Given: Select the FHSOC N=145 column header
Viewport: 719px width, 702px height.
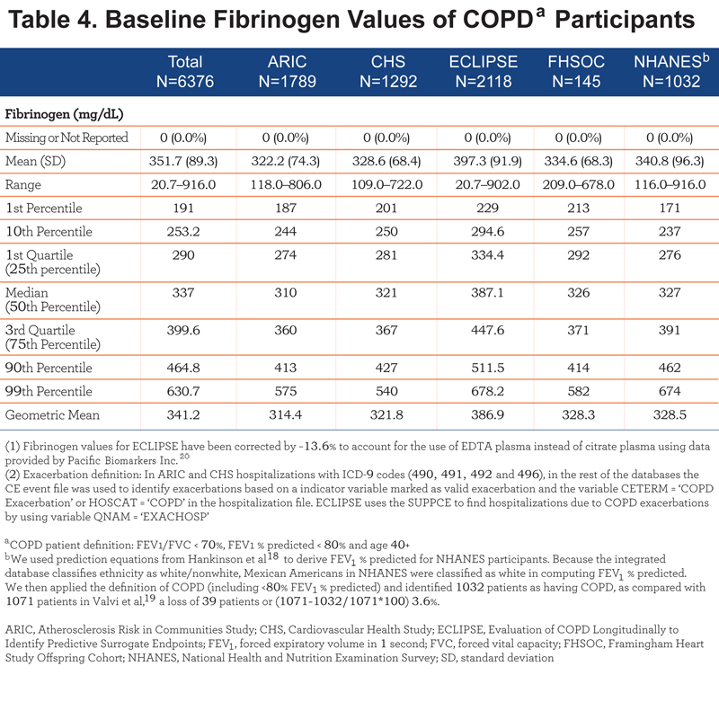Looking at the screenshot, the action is pos(576,72).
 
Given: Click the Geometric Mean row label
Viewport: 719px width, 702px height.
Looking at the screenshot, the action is pos(52,415).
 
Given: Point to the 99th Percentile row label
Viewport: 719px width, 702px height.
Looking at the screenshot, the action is pos(49,391).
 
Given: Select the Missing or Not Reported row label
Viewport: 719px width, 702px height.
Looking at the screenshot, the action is pos(67,138).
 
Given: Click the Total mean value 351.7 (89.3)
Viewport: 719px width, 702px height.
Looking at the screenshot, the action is pos(183,162).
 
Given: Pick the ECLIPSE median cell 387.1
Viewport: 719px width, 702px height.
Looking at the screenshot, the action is pos(487,292).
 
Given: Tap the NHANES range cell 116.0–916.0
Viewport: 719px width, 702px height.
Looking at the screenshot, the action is pos(670,185).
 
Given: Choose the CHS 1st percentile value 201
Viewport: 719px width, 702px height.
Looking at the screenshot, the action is pos(386,209).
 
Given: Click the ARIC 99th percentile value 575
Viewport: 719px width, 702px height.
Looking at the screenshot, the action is pos(286,391).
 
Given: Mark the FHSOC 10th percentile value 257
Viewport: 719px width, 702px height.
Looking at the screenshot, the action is pos(578,232).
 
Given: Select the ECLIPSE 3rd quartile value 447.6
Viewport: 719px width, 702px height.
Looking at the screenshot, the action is pos(487,330).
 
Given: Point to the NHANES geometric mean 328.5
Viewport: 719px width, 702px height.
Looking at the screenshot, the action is pos(670,415).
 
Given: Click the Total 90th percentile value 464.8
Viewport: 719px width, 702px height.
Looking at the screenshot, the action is pos(183,368).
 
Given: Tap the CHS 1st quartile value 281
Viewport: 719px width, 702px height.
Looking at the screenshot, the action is pos(386,255).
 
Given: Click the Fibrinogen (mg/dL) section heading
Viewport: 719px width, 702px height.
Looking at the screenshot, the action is pos(64,114).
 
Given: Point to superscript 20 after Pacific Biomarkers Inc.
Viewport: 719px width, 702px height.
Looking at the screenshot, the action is pos(184,457).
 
